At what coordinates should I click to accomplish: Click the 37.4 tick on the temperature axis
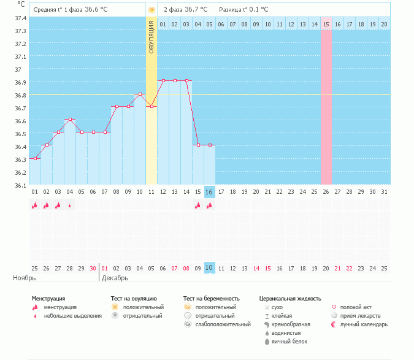(x=20, y=18)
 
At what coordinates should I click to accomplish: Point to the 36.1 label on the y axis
(x=20, y=185)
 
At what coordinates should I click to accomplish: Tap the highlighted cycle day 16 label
(x=209, y=192)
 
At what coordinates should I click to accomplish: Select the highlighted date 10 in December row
(x=209, y=268)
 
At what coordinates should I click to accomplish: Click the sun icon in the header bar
(x=151, y=10)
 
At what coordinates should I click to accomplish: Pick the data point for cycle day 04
(x=70, y=119)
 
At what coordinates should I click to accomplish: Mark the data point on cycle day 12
(x=163, y=80)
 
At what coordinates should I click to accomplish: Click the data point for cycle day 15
(x=198, y=145)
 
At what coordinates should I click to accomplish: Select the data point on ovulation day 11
(x=151, y=106)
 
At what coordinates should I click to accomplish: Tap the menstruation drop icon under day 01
(x=35, y=206)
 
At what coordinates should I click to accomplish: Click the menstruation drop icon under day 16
(x=209, y=206)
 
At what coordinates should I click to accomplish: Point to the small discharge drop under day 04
(x=70, y=206)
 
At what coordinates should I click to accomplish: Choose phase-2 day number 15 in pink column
(x=326, y=24)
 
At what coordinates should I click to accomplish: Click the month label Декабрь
(x=115, y=278)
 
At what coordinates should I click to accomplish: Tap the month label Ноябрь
(x=24, y=278)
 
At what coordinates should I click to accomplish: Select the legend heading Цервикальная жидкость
(x=290, y=298)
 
